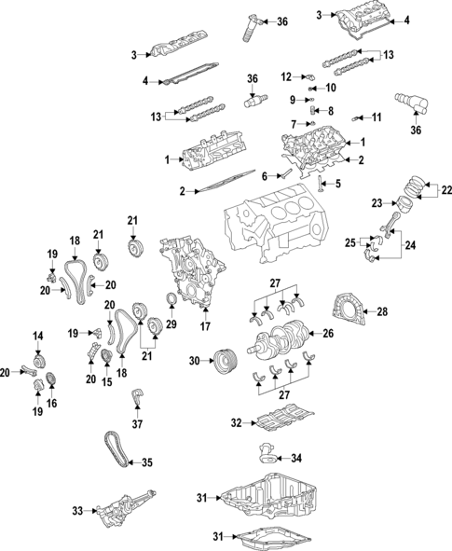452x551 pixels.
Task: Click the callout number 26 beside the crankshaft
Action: [328, 333]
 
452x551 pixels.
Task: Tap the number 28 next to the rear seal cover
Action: [381, 312]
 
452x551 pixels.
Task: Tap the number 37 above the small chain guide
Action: [136, 424]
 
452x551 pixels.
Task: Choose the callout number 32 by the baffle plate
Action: [237, 423]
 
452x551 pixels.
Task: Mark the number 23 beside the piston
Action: [377, 202]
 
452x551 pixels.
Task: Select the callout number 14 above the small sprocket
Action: [38, 336]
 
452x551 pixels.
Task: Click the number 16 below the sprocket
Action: [51, 403]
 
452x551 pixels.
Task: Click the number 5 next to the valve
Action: [337, 184]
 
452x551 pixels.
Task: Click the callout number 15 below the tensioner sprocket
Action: [107, 381]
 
